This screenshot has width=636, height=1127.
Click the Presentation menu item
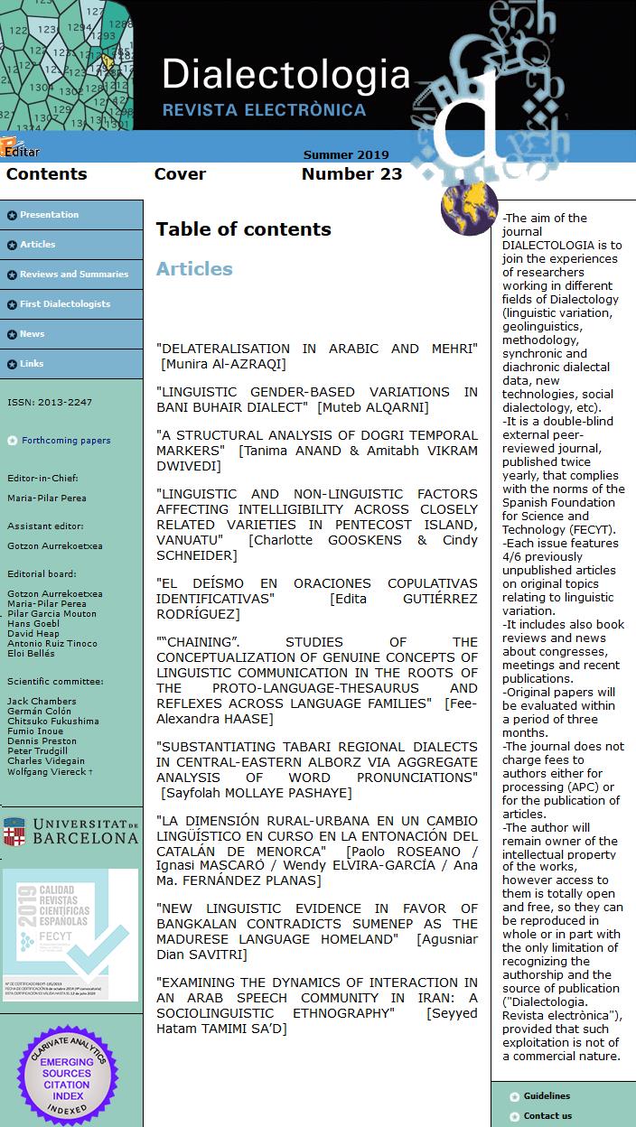49,215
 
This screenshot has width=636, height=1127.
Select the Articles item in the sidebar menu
38,245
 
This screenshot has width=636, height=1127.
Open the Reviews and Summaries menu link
74,275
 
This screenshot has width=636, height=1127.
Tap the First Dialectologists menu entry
65,304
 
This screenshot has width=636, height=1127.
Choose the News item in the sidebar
33,334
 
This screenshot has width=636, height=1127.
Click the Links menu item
32,364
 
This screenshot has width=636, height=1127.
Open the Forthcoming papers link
66,441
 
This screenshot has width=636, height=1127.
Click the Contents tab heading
47,174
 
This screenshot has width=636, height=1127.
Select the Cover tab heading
180,174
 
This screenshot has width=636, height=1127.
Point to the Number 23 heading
351,174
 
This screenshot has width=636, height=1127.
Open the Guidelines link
547,1096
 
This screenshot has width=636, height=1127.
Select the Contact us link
547,1116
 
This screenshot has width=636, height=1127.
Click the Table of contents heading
243,229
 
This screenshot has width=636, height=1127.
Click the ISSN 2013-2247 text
50,403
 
